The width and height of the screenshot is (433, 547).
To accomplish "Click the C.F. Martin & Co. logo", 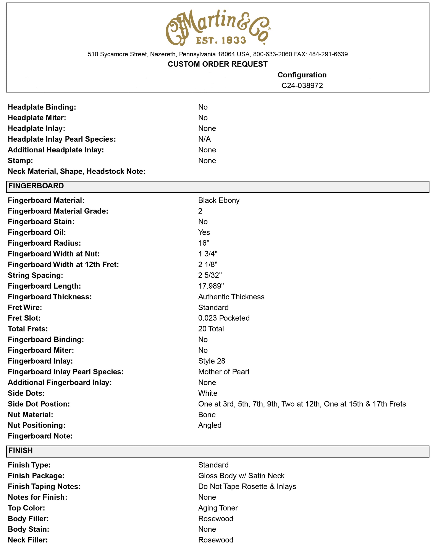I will point(217,27).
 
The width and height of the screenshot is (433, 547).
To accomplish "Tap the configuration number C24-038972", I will point(302,85).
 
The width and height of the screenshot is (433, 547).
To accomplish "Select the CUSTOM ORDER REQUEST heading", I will point(217,64).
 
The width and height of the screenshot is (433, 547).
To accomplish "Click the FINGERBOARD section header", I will point(36,186).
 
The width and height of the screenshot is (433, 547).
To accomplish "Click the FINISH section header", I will point(21,451).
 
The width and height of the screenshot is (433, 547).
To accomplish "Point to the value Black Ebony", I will point(219,200).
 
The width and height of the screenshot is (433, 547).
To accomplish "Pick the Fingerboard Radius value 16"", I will point(204,243).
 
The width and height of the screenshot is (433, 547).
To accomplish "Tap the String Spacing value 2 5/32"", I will point(210,275).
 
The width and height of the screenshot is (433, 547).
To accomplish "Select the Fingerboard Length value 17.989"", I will point(211,286).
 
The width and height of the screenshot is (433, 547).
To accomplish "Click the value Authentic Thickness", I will point(231,297).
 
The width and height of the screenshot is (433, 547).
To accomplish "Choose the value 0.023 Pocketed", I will point(224,318).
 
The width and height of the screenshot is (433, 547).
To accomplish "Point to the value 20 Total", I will point(211,329).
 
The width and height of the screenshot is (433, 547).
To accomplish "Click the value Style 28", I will point(212,361).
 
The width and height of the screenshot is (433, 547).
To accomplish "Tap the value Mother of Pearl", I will point(223,372).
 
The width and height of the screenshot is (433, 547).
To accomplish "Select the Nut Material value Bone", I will point(207,415).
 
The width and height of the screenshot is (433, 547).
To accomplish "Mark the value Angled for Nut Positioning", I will point(210,425).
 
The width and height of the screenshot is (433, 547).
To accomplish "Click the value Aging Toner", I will point(218,508).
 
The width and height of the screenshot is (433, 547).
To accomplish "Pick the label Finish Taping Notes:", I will point(44,486).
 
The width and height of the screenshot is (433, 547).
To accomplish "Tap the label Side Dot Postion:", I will point(39,404).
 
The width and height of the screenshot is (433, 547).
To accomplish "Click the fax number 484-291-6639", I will point(328,54).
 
